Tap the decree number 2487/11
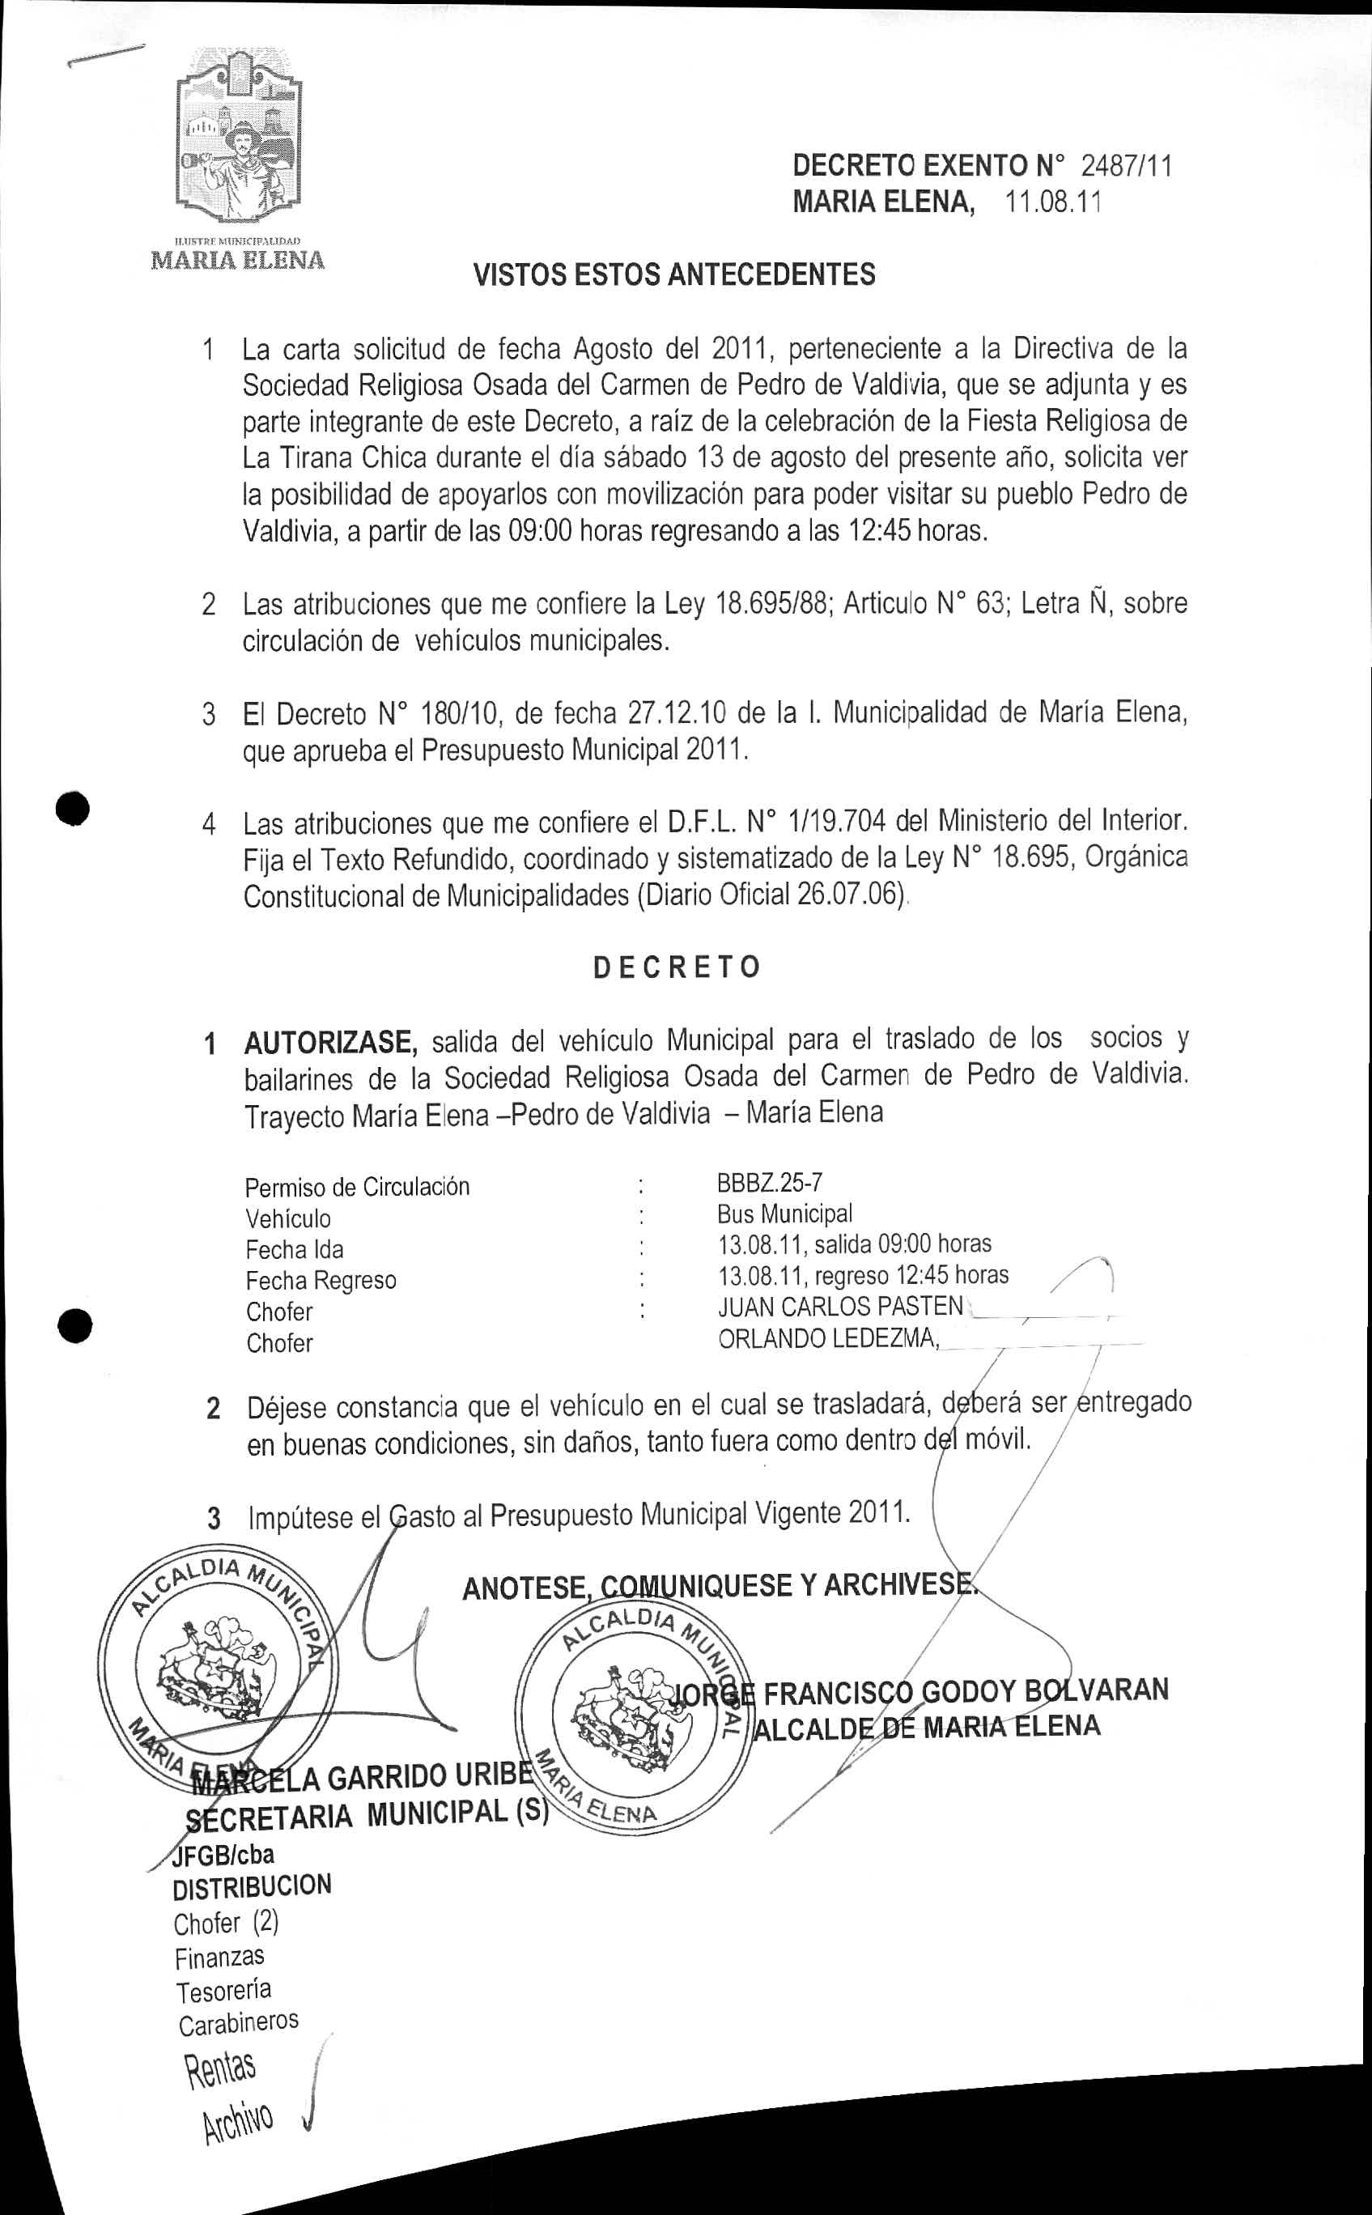(1126, 166)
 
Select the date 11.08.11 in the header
(1052, 202)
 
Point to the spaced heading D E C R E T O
(676, 967)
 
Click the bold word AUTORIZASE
(330, 1042)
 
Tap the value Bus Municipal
(784, 1214)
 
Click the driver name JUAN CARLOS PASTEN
(840, 1306)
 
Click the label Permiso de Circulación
(358, 1187)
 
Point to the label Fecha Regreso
(321, 1281)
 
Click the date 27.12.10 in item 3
(677, 713)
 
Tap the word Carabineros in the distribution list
(238, 2022)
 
